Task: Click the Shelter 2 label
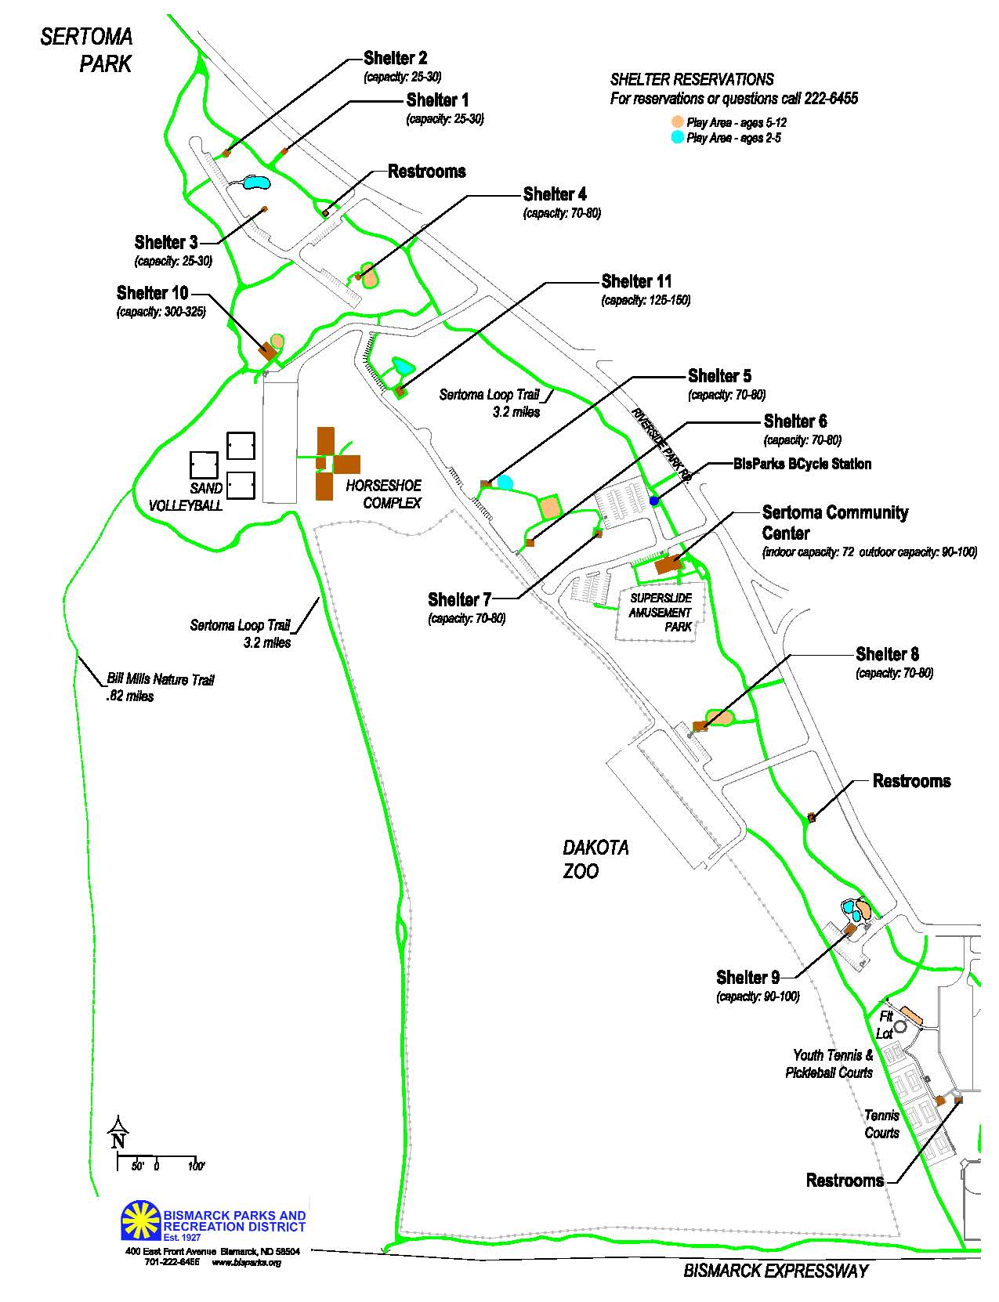pos(395,58)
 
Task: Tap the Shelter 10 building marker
pos(267,351)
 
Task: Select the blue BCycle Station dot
pos(653,501)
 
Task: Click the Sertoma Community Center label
pos(834,523)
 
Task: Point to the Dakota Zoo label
pos(595,859)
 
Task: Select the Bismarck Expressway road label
pos(776,1270)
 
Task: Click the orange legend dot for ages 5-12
pos(677,121)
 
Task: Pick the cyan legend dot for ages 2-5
pos(677,137)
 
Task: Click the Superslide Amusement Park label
pos(661,613)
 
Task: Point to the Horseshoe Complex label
pos(384,494)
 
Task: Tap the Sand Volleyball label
pos(186,497)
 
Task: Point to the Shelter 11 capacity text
pos(646,299)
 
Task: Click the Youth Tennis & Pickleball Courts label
pos(829,1064)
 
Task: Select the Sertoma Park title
pos(87,50)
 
